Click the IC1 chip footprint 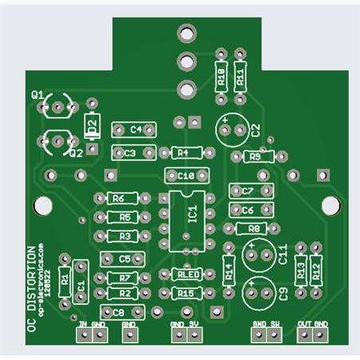(x=184, y=216)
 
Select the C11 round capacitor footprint (x=260, y=255)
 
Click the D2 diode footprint (x=93, y=125)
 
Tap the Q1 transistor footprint (x=59, y=105)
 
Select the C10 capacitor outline (x=185, y=174)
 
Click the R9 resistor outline (x=256, y=157)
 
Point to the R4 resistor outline (x=183, y=152)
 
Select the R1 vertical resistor (x=65, y=280)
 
